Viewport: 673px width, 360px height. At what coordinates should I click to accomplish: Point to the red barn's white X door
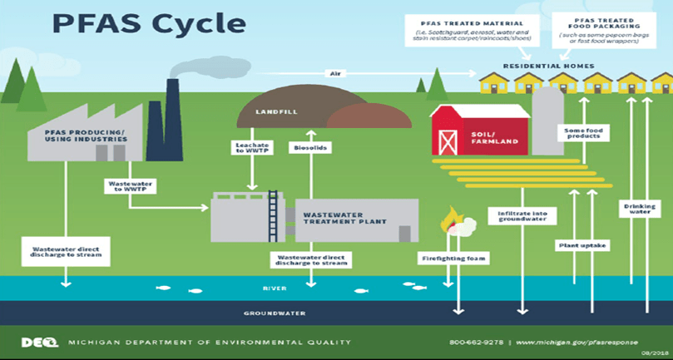coord(449,142)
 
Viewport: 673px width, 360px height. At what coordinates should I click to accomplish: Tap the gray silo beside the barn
coord(547,121)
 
